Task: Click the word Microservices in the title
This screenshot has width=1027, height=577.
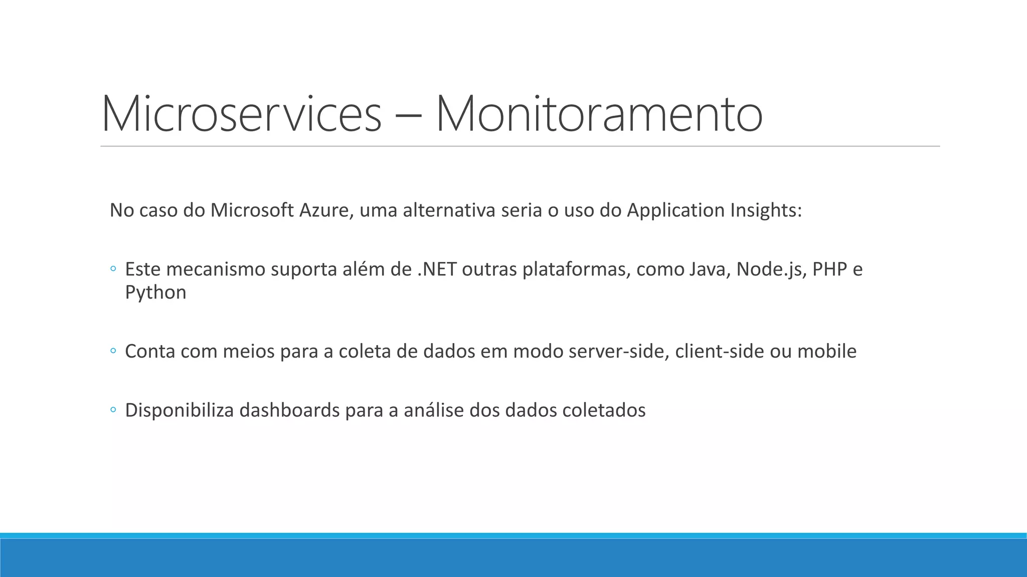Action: point(241,114)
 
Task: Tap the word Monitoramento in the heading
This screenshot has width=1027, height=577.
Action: point(599,114)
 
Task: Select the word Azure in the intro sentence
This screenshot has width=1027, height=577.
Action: point(326,210)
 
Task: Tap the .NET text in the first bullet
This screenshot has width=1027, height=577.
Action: point(437,269)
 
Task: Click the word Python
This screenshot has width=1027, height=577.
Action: point(155,293)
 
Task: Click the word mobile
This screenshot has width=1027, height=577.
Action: point(827,352)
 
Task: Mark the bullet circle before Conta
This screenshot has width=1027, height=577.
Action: point(113,352)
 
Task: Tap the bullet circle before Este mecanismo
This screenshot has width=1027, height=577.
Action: point(113,269)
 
